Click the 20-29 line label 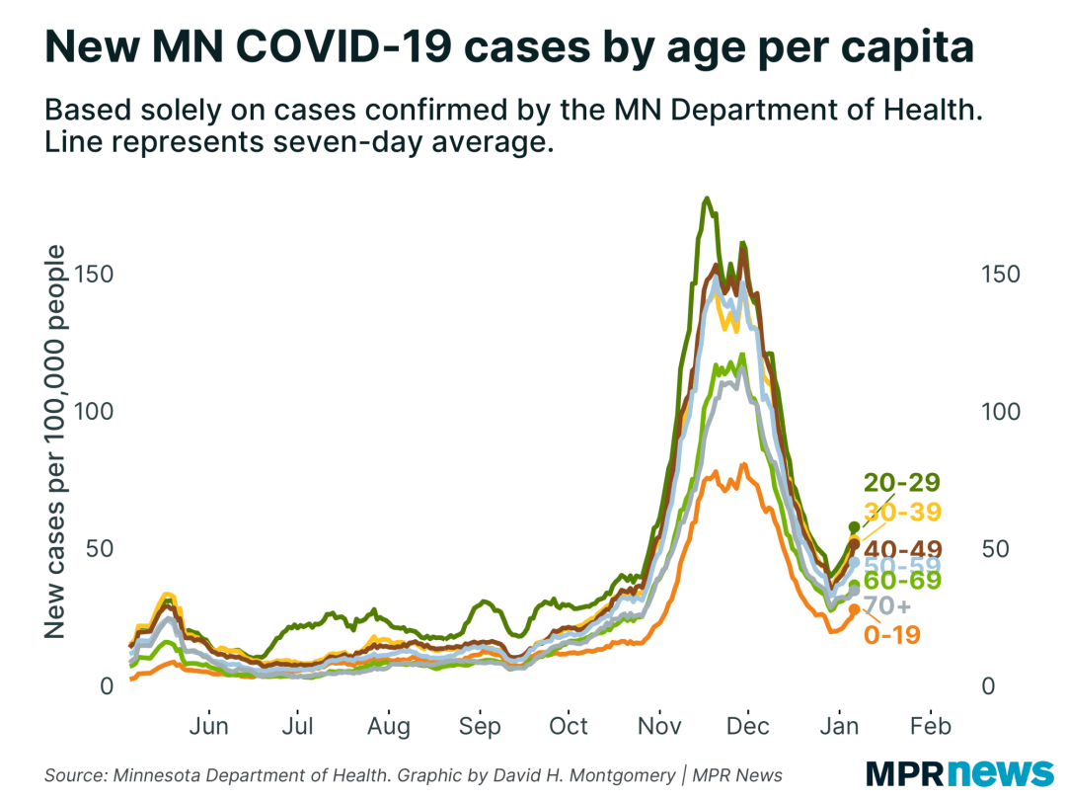tap(902, 483)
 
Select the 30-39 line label tap(902, 512)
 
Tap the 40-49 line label tap(902, 549)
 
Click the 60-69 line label tap(902, 581)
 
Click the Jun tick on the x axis tap(208, 727)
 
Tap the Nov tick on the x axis tap(659, 727)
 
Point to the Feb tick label tap(931, 727)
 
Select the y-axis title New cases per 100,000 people tap(56, 441)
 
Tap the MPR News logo tap(959, 771)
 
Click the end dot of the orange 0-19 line tap(855, 609)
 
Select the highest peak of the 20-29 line tap(706, 199)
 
